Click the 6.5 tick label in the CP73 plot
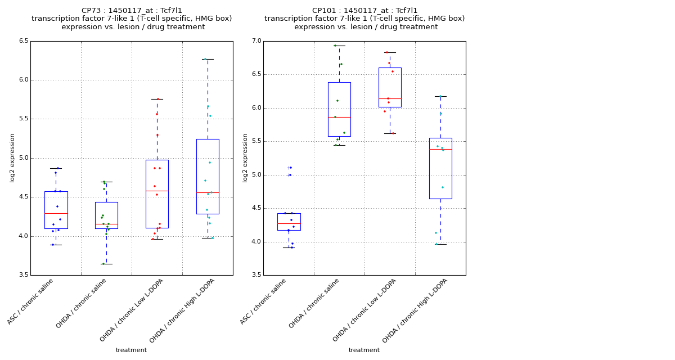pyautogui.click(x=23, y=41)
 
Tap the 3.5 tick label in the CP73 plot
pyautogui.click(x=23, y=275)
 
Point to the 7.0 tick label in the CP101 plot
pyautogui.click(x=256, y=41)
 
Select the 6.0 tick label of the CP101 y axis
pyautogui.click(x=256, y=108)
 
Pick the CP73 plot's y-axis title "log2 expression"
pyautogui.click(x=12, y=157)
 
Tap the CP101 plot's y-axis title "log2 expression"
pyautogui.click(x=245, y=157)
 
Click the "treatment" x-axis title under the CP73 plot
pyautogui.click(x=131, y=350)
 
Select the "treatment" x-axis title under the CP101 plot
pyautogui.click(x=364, y=350)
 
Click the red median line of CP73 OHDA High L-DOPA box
pyautogui.click(x=208, y=192)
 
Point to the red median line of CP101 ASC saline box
pyautogui.click(x=289, y=223)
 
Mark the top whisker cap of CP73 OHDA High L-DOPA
pyautogui.click(x=208, y=59)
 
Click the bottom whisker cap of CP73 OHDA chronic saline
pyautogui.click(x=106, y=264)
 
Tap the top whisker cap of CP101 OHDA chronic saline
pyautogui.click(x=339, y=46)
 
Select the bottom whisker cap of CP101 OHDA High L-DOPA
pyautogui.click(x=440, y=244)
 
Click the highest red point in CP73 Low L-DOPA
pyautogui.click(x=157, y=99)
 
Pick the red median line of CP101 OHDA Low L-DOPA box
pyautogui.click(x=390, y=98)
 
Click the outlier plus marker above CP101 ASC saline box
pyautogui.click(x=289, y=168)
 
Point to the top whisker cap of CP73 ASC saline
pyautogui.click(x=56, y=168)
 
